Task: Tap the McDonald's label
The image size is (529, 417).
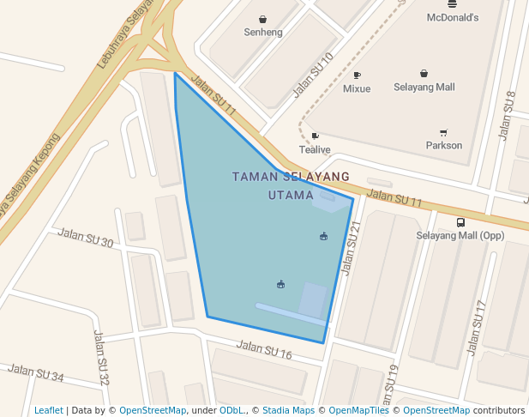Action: coord(452,17)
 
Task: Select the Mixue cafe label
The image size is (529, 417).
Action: coord(357,88)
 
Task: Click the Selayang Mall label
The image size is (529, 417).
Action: coord(424,87)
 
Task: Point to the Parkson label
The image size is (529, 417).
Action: coord(443,145)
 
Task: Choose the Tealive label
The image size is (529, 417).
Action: coord(314,149)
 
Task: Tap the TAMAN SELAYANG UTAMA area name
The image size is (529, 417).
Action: coord(291,185)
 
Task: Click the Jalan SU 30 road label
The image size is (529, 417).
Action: coord(85,238)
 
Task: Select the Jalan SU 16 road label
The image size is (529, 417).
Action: coord(264,350)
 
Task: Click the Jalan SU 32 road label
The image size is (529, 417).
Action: coord(102,358)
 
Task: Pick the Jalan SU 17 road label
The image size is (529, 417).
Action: coord(476,328)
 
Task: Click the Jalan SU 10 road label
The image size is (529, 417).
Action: coord(313,75)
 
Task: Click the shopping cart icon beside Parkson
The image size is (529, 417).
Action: coord(443,132)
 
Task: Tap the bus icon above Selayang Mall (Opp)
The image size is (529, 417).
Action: coord(460,222)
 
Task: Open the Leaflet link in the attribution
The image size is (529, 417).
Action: coord(48,410)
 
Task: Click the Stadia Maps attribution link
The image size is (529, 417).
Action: coord(288,410)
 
